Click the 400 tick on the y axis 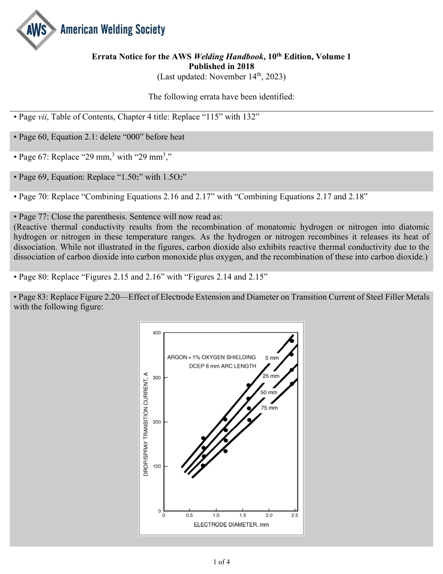pyautogui.click(x=156, y=333)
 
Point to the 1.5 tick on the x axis pyautogui.click(x=242, y=515)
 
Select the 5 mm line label pyautogui.click(x=272, y=358)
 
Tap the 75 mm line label pyautogui.click(x=269, y=408)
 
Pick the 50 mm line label pyautogui.click(x=269, y=392)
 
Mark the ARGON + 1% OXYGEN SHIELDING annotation pyautogui.click(x=211, y=357)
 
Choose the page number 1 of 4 pyautogui.click(x=221, y=562)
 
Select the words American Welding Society pyautogui.click(x=112, y=30)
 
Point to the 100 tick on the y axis pyautogui.click(x=156, y=466)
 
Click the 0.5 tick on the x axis pyautogui.click(x=189, y=515)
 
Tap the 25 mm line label pyautogui.click(x=270, y=376)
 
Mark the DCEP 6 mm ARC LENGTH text pyautogui.click(x=222, y=366)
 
